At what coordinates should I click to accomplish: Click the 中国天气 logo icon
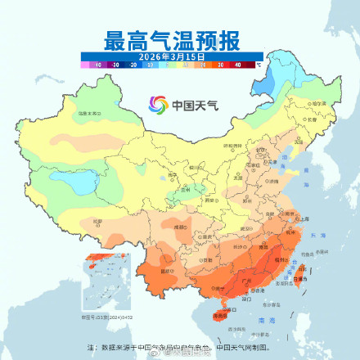[x=156, y=104]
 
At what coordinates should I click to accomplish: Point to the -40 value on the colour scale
[x=97, y=63]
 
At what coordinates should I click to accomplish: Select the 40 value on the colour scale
[x=238, y=63]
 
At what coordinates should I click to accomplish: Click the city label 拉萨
[x=97, y=222]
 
